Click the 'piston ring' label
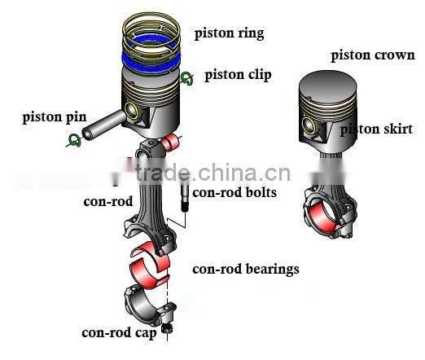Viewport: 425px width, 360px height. pyautogui.click(x=229, y=33)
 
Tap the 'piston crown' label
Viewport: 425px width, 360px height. pyautogui.click(x=373, y=55)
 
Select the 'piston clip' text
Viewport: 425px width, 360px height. pyautogui.click(x=238, y=75)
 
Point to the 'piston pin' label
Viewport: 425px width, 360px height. pyautogui.click(x=55, y=117)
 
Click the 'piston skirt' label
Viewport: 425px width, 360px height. pyautogui.click(x=376, y=130)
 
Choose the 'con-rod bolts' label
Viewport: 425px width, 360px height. pyautogui.click(x=234, y=192)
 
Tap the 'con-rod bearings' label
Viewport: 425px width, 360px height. pyautogui.click(x=246, y=270)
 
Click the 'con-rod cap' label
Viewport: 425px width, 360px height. pyautogui.click(x=119, y=333)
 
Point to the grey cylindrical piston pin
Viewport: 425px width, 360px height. pyautogui.click(x=104, y=125)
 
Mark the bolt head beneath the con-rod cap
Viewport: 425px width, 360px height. pyautogui.click(x=167, y=328)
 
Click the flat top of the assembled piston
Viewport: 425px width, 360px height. pyautogui.click(x=327, y=84)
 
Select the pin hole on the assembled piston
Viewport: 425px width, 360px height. pyautogui.click(x=309, y=126)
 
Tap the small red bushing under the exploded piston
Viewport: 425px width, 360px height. pyautogui.click(x=170, y=142)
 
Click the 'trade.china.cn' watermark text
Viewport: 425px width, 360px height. pyautogui.click(x=213, y=173)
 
